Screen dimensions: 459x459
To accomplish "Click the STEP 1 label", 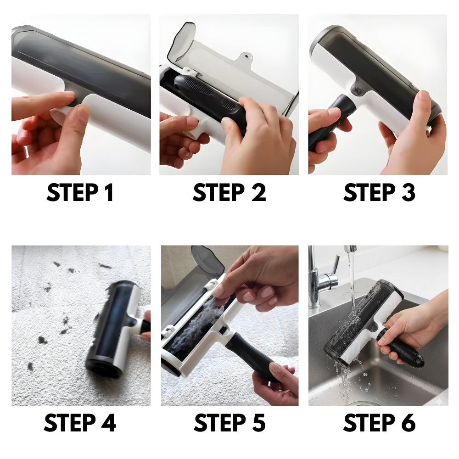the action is pyautogui.click(x=80, y=192).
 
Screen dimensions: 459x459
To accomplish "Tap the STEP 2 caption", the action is pyautogui.click(x=229, y=192).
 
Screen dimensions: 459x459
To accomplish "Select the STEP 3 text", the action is pyautogui.click(x=380, y=192).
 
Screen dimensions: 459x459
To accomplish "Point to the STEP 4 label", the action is pyautogui.click(x=80, y=422).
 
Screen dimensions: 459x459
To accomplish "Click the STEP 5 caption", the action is pyautogui.click(x=230, y=422).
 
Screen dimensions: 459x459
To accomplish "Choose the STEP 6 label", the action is pyautogui.click(x=380, y=422).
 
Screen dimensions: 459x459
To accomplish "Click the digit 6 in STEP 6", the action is pyautogui.click(x=409, y=422).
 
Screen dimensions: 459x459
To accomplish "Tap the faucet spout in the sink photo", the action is pyautogui.click(x=350, y=249).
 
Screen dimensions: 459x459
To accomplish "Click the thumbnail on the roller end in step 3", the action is pyautogui.click(x=424, y=95).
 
